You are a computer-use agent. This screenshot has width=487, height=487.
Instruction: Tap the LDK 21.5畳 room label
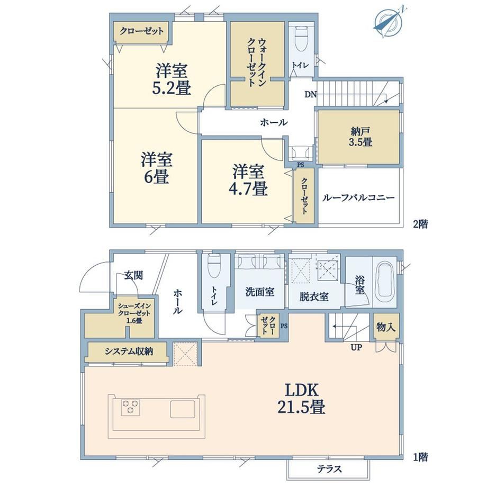[301, 398]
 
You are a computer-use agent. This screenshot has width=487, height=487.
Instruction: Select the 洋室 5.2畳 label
[171, 79]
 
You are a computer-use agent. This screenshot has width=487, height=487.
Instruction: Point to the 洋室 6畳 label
[156, 168]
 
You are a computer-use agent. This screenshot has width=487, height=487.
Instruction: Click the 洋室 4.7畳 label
[248, 180]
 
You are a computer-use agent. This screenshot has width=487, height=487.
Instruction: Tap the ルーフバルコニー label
[358, 197]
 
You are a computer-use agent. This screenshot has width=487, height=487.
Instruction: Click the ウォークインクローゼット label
[257, 62]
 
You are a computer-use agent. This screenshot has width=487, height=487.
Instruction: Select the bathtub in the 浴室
[385, 282]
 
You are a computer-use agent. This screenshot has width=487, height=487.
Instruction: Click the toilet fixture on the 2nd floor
[301, 39]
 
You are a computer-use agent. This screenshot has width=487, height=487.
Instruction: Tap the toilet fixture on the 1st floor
[214, 266]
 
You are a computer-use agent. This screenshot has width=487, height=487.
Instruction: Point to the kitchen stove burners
[130, 407]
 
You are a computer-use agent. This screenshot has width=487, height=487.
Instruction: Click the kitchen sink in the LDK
[183, 409]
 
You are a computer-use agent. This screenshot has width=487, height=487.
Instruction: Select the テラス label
[329, 468]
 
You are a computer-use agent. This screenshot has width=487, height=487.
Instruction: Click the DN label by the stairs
[310, 94]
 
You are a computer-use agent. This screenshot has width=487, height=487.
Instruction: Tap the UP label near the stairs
[356, 347]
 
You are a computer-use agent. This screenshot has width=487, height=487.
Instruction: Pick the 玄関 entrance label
[134, 275]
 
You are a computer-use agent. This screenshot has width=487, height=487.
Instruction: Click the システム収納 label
[129, 351]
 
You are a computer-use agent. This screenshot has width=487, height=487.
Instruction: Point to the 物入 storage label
[386, 327]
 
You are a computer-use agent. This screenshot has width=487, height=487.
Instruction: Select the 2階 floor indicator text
[420, 223]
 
